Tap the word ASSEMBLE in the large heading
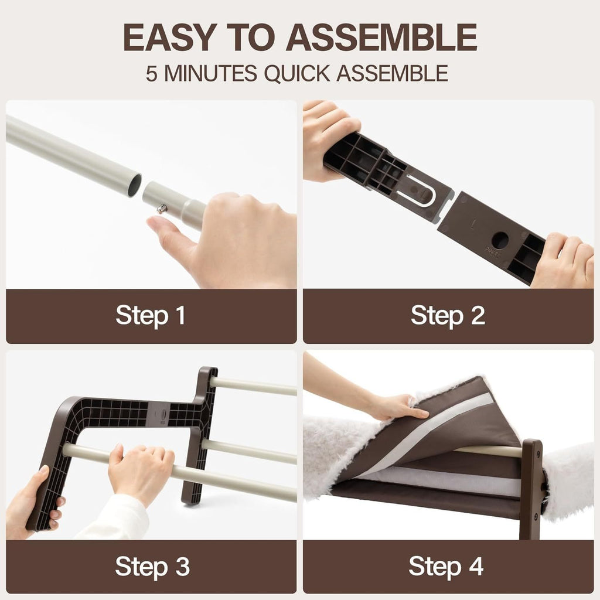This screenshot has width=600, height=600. pyautogui.click(x=381, y=37)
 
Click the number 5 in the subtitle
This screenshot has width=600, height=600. pyautogui.click(x=151, y=73)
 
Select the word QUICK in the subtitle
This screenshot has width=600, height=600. pyautogui.click(x=296, y=73)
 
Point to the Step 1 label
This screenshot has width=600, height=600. pyautogui.click(x=151, y=316)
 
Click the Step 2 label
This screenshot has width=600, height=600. pyautogui.click(x=448, y=316)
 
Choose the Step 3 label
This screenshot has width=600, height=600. pyautogui.click(x=152, y=567)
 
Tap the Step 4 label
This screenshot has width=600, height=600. pyautogui.click(x=446, y=567)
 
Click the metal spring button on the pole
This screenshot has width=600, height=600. pyautogui.click(x=162, y=209)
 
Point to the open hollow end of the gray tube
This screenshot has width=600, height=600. pyautogui.click(x=134, y=185)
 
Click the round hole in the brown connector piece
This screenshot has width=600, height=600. pyautogui.click(x=500, y=240)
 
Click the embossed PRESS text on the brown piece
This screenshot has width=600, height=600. pyautogui.click(x=492, y=253)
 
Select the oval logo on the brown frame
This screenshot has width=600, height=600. pyautogui.click(x=163, y=414)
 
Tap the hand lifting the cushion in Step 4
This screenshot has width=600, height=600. pyautogui.click(x=398, y=407)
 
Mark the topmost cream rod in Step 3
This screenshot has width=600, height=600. pyautogui.click(x=253, y=386)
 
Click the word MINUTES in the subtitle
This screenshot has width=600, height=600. pyautogui.click(x=210, y=73)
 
